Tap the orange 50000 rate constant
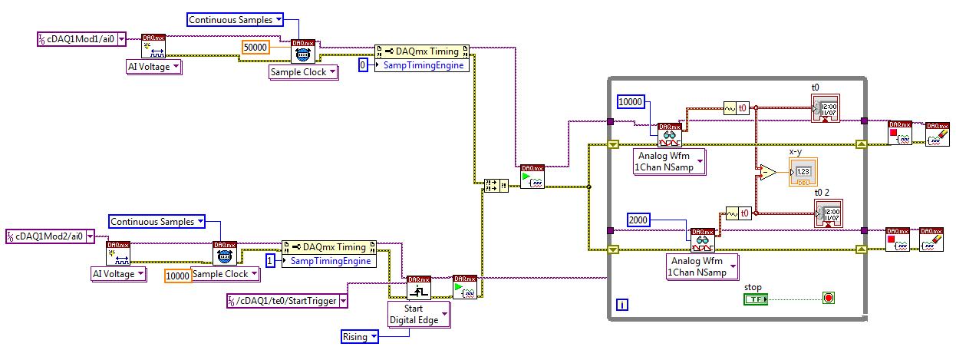255,47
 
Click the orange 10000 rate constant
177,275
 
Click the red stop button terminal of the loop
828,297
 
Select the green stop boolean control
755,298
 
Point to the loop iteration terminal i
622,305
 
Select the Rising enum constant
360,336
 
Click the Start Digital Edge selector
418,314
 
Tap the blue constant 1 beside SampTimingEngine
270,261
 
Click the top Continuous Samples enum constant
235,19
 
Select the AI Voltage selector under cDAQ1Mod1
153,67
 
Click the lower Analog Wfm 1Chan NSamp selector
702,266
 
